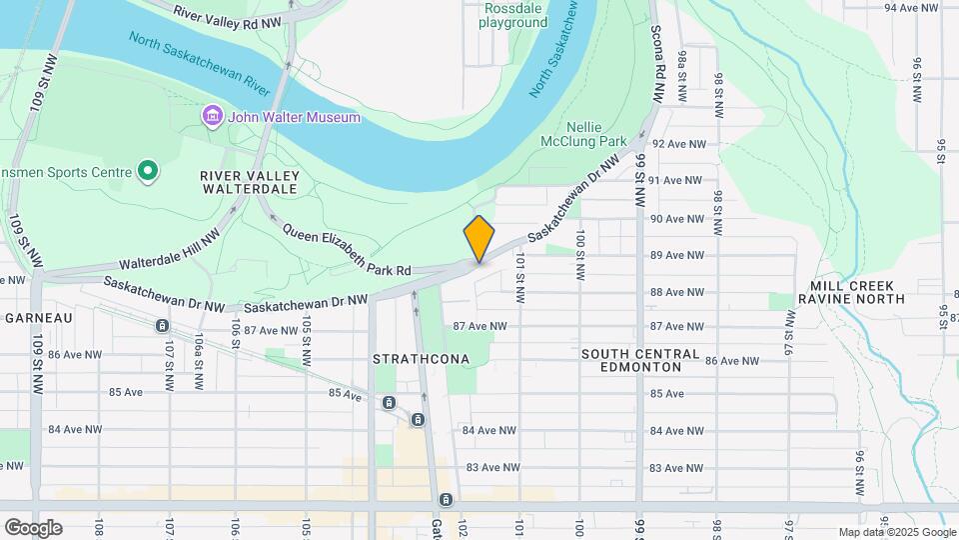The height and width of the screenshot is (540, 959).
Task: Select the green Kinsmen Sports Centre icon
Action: pos(148,172)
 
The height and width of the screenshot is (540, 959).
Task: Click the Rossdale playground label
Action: pos(512,15)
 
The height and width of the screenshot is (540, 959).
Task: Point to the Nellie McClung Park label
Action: pos(595,134)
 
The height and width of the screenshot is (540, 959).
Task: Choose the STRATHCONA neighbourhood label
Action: pos(421,358)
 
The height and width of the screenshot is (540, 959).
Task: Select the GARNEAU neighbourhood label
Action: pos(39,317)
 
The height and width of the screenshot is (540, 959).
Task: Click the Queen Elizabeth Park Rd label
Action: pos(347,249)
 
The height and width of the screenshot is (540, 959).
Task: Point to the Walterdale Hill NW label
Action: pos(169,251)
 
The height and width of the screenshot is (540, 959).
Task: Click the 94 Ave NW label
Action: pos(915,8)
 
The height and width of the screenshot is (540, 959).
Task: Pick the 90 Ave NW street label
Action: pos(678,218)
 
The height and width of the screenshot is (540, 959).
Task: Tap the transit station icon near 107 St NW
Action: pos(162,326)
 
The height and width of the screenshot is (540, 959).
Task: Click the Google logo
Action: pos(33,528)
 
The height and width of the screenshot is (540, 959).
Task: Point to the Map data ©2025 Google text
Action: pos(896,532)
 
